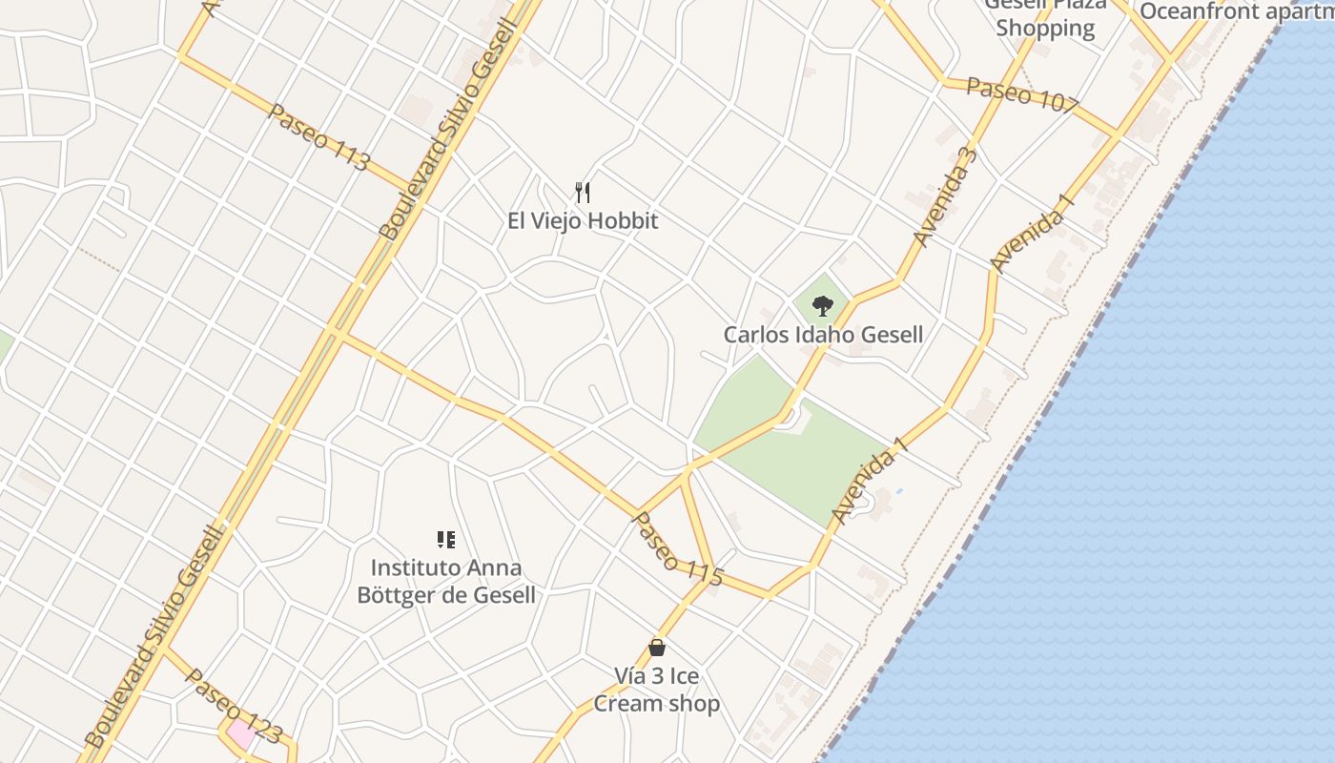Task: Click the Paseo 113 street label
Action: point(318,137)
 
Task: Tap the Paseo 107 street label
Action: point(1021,93)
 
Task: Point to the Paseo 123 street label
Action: point(234,706)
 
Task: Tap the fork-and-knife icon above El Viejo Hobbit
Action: point(583,193)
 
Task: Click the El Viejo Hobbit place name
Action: point(583,221)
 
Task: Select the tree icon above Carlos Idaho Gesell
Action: point(822,306)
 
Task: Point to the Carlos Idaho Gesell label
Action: point(823,335)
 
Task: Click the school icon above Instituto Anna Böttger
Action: point(445,540)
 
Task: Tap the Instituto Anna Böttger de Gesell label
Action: point(445,582)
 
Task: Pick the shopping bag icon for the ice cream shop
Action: point(656,648)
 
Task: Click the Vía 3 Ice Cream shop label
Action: point(656,691)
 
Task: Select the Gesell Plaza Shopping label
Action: point(1045,17)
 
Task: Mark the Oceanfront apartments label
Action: point(1236,11)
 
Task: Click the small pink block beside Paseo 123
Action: point(239,735)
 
